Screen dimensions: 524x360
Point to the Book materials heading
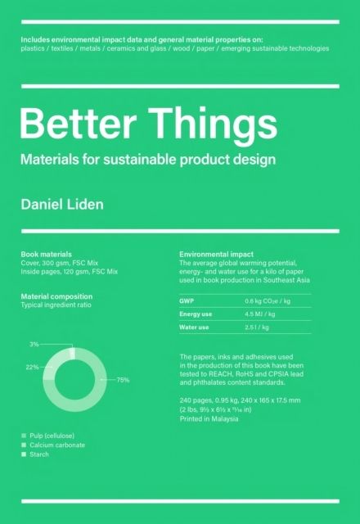(46, 255)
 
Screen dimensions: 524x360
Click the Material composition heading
(56, 296)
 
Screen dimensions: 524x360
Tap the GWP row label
(187, 301)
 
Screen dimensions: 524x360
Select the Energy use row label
(195, 314)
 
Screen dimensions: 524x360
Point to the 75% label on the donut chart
(124, 380)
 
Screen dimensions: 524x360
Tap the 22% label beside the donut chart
(32, 367)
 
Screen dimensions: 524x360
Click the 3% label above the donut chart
(34, 345)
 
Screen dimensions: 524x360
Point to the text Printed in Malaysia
(209, 418)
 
